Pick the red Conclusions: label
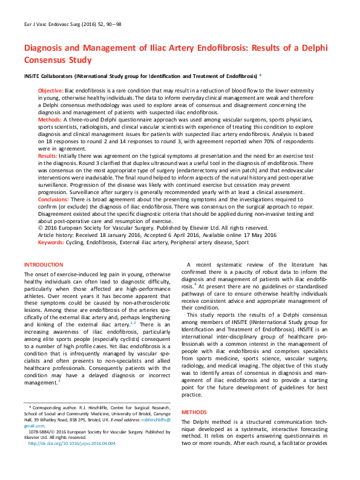click(55, 198)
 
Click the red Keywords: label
click(53, 242)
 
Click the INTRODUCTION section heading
click(43, 265)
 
